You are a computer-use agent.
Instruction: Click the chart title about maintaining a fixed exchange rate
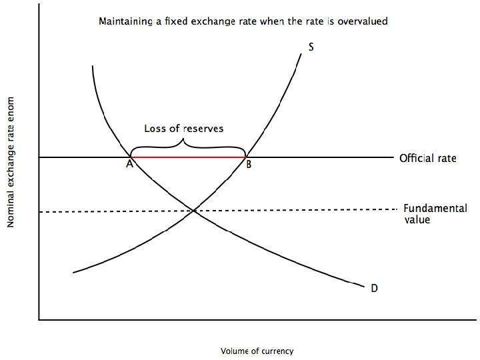pos(243,21)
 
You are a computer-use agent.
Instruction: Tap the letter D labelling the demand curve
pos(374,288)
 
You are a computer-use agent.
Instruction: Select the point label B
pos(248,165)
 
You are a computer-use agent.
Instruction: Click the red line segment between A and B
pos(188,157)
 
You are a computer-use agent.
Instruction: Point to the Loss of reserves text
pos(184,129)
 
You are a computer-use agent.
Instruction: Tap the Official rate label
pos(427,159)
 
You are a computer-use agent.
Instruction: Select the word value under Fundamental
pos(417,219)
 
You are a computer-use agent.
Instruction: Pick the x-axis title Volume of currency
pos(257,350)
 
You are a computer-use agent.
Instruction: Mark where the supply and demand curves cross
pos(194,211)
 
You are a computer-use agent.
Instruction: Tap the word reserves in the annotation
pos(204,129)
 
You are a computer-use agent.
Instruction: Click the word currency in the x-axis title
pos(277,350)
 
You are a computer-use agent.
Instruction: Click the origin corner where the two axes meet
pos(39,320)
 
